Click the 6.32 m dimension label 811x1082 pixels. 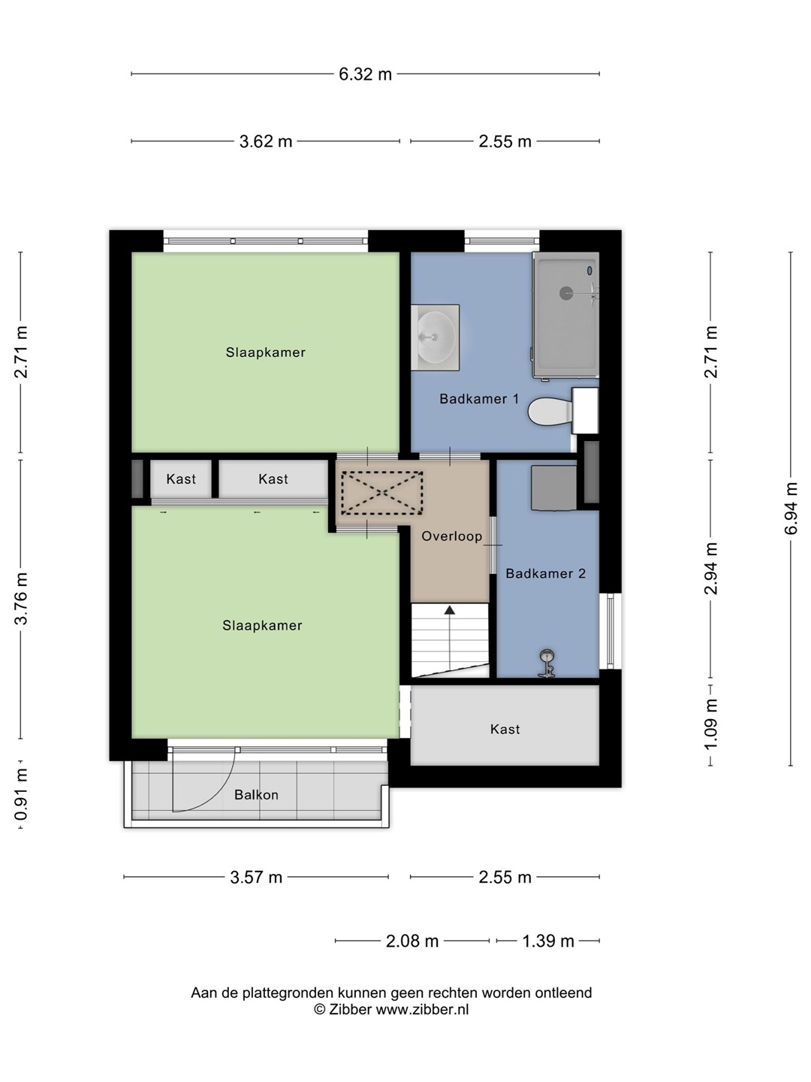click(x=365, y=74)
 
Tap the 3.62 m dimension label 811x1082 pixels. click(x=265, y=141)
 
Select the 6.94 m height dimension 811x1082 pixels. click(x=790, y=508)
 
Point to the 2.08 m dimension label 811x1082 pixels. click(x=412, y=941)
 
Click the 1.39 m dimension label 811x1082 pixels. click(x=547, y=941)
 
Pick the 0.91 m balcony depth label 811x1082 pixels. click(x=21, y=794)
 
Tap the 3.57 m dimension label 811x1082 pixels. click(x=256, y=878)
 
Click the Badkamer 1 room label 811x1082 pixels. click(x=479, y=399)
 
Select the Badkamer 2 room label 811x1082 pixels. click(x=546, y=573)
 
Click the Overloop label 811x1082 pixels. click(x=451, y=536)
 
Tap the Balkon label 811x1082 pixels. click(x=256, y=795)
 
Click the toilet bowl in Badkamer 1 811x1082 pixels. click(x=550, y=410)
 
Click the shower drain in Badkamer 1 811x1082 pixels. click(x=565, y=293)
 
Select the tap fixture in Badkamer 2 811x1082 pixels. click(x=547, y=663)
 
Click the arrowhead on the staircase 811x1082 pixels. click(x=449, y=610)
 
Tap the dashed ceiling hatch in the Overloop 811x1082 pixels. click(x=381, y=493)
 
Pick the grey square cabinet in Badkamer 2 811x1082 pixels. click(x=553, y=488)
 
